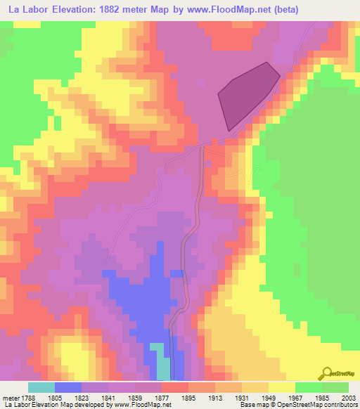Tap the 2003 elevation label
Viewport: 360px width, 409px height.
(347, 397)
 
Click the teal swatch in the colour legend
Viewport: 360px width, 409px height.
(41, 387)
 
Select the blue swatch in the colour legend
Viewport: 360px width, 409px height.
(68, 387)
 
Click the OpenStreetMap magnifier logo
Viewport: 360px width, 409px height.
(326, 372)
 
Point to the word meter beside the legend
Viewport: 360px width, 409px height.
(11, 397)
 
